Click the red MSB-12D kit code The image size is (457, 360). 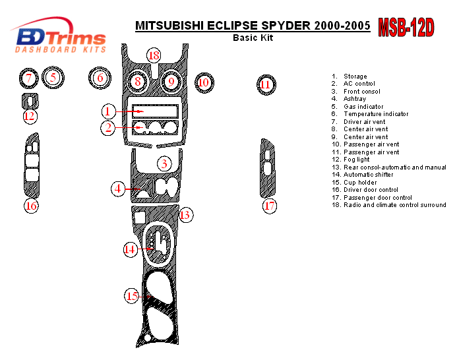pyautogui.click(x=406, y=28)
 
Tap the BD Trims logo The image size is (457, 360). pyautogui.click(x=61, y=40)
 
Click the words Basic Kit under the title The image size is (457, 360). pyautogui.click(x=253, y=38)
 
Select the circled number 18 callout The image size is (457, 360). pyautogui.click(x=154, y=56)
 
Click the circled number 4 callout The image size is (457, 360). pyautogui.click(x=118, y=189)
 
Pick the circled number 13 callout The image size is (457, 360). pyautogui.click(x=185, y=214)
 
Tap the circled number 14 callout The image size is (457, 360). pyautogui.click(x=131, y=249)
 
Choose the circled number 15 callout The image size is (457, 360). pyautogui.click(x=133, y=297)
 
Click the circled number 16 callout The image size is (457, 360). pyautogui.click(x=31, y=206)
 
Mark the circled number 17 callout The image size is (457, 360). pyautogui.click(x=269, y=206)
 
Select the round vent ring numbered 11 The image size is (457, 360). pyautogui.click(x=265, y=84)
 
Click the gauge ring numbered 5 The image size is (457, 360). pyautogui.click(x=53, y=78)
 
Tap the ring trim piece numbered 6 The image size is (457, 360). pyautogui.click(x=100, y=78)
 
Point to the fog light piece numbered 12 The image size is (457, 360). pyautogui.click(x=30, y=102)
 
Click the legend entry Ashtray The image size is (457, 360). pyautogui.click(x=354, y=99)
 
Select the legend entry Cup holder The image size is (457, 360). pyautogui.click(x=359, y=183)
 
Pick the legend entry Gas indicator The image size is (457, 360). pyautogui.click(x=363, y=107)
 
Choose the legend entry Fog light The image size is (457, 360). pyautogui.click(x=356, y=160)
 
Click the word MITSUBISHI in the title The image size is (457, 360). pyautogui.click(x=169, y=26)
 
